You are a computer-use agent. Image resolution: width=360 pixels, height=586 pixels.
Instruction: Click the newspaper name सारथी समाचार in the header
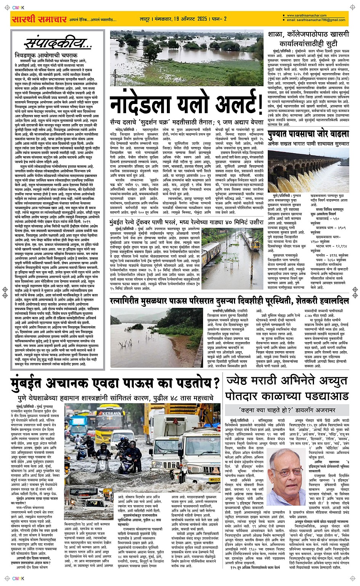coord(39,19)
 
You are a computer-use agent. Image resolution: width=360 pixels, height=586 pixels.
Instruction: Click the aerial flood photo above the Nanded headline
coord(186,53)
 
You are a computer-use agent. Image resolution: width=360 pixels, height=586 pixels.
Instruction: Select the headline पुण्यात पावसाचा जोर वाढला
coord(308,134)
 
